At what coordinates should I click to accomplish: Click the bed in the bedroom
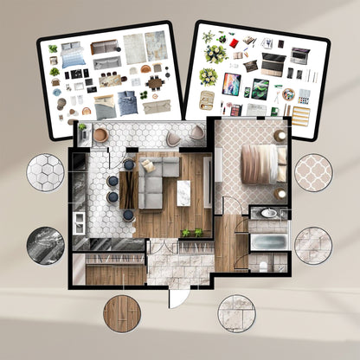point(260,164)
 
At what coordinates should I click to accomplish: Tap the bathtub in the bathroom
point(267,241)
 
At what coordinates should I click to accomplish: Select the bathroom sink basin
point(268,213)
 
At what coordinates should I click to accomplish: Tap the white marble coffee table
point(184,191)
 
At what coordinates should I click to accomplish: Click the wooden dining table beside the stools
point(126,188)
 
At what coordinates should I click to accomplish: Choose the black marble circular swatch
point(45,245)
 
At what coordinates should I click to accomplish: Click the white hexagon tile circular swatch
point(45,173)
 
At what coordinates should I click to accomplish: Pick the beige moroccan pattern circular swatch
point(313,172)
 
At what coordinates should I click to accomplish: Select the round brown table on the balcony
point(100,135)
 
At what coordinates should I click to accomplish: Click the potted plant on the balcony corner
point(83,130)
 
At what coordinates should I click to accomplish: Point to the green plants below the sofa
point(191,232)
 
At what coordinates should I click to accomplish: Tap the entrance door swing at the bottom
point(176,294)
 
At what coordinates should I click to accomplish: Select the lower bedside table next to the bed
point(282,193)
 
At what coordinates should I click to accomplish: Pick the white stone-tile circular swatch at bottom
point(236,312)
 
